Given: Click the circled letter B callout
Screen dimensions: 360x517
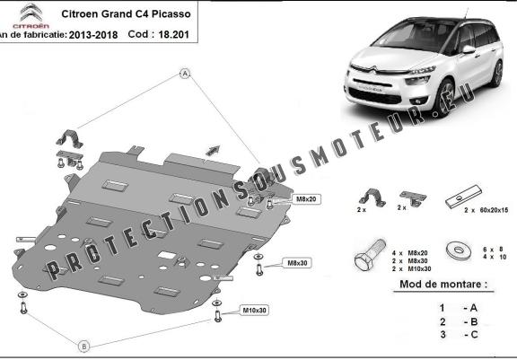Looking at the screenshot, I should (x=83, y=346).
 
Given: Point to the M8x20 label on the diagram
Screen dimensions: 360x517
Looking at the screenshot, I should (x=305, y=198).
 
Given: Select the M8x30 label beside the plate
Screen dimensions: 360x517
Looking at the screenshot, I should (x=296, y=263).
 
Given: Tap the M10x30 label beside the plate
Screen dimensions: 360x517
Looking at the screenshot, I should (x=255, y=311).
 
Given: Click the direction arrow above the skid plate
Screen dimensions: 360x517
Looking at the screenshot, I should (x=213, y=148).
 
